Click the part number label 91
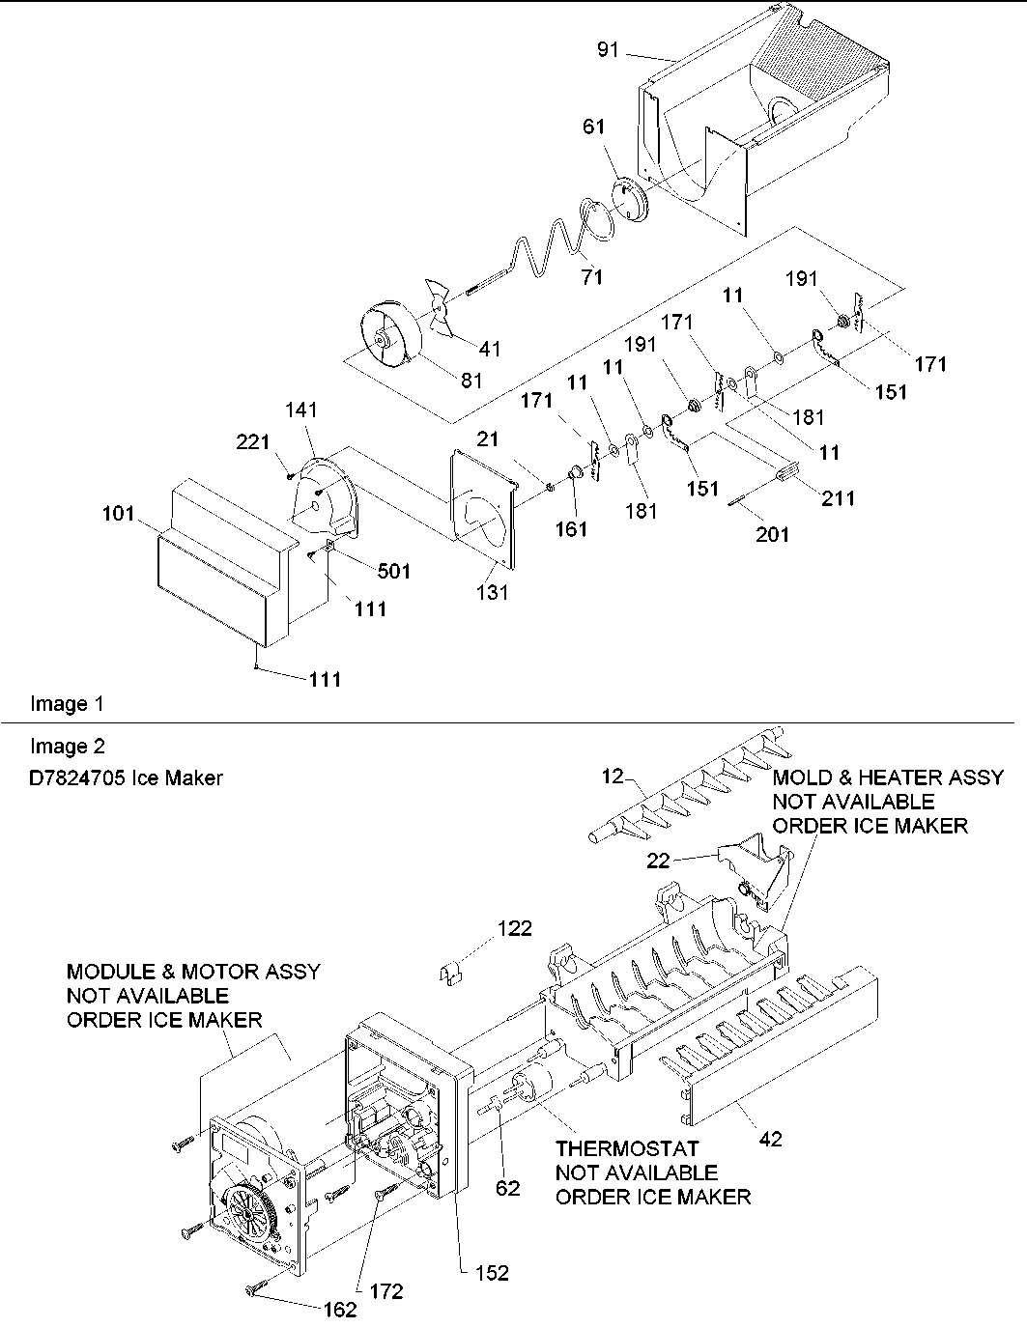point(608,49)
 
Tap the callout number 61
point(593,127)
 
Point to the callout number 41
point(490,349)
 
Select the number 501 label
point(392,572)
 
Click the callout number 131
point(492,593)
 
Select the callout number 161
point(572,529)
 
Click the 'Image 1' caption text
point(67,704)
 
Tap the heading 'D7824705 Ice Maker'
point(127,777)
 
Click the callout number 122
point(515,928)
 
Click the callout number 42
point(770,1139)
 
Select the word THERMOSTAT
point(626,1148)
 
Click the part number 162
point(338,1310)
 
